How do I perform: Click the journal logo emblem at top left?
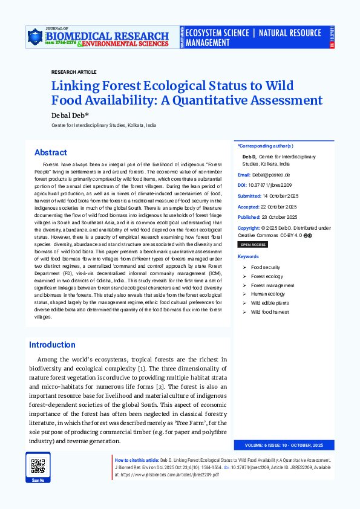[34, 38]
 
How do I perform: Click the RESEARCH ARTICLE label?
[74, 72]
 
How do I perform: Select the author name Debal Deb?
[70, 115]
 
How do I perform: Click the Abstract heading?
[51, 152]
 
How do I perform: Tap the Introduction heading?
[52, 345]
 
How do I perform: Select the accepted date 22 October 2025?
[280, 206]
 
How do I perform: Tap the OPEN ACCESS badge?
[253, 245]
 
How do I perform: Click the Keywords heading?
[248, 257]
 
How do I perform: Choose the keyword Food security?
[266, 267]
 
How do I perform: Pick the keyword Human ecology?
[267, 294]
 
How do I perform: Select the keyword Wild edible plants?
[270, 303]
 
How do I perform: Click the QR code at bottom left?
[38, 466]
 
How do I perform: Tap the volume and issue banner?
[284, 446]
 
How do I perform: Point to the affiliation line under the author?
[103, 125]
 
